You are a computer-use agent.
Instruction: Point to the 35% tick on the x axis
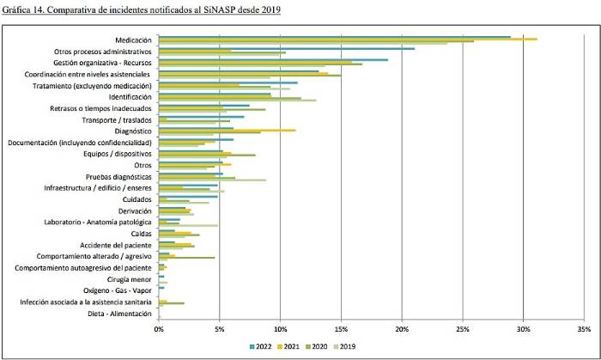(584, 328)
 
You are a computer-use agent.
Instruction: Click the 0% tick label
(159, 328)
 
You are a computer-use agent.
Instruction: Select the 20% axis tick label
(402, 328)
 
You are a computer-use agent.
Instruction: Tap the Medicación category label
(133, 40)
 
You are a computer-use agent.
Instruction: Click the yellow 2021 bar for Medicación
(348, 40)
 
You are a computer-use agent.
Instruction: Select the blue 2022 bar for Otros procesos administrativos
(287, 48)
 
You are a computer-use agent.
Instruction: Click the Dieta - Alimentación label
(122, 313)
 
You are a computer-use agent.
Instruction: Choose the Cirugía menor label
(131, 279)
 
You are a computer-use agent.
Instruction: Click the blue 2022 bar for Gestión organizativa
(273, 59)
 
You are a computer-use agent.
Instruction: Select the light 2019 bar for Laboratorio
(188, 225)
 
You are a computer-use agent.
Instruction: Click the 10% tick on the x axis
(280, 328)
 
